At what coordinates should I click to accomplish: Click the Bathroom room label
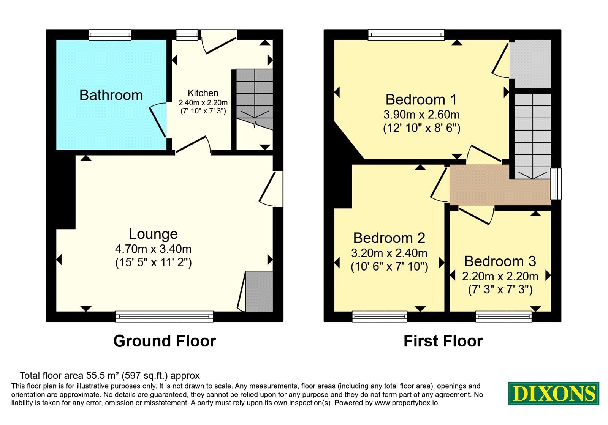click(x=111, y=95)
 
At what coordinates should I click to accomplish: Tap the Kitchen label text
click(x=203, y=93)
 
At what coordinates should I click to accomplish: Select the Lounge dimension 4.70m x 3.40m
click(x=154, y=249)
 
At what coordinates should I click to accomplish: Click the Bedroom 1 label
click(x=421, y=99)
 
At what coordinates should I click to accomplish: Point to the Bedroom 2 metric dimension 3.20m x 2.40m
click(x=389, y=253)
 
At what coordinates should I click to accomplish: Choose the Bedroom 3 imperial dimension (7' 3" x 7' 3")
click(x=500, y=290)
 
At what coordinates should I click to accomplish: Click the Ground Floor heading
click(x=165, y=341)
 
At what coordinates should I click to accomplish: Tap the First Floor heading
click(x=443, y=341)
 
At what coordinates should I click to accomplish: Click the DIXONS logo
click(x=553, y=393)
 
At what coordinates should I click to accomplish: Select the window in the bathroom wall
click(x=110, y=35)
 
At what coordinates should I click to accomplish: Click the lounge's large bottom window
click(x=164, y=316)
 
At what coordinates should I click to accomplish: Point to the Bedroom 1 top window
click(x=406, y=35)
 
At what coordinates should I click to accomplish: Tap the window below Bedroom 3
click(x=503, y=316)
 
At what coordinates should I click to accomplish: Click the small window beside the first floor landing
click(x=556, y=184)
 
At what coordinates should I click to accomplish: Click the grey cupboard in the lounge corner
click(x=259, y=291)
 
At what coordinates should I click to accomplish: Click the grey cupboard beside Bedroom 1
click(x=530, y=64)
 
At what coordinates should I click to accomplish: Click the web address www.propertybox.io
click(x=406, y=403)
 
